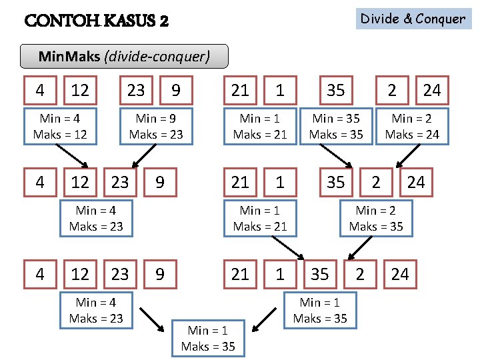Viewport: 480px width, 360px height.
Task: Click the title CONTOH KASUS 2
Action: (x=96, y=21)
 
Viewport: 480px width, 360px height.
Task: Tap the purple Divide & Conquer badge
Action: (x=413, y=19)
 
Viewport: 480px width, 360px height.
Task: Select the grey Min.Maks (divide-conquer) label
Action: (x=124, y=57)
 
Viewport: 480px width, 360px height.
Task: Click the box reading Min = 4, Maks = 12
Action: (x=60, y=126)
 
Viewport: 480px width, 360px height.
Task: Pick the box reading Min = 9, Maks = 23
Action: (x=156, y=126)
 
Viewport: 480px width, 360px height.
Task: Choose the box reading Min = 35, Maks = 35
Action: (x=336, y=126)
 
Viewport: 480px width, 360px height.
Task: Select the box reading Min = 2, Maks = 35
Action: (x=376, y=218)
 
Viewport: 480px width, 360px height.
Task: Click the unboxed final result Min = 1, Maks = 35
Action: (x=208, y=338)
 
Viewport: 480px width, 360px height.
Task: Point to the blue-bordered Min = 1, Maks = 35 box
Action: (x=320, y=310)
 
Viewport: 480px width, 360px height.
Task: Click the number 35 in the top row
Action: (x=336, y=90)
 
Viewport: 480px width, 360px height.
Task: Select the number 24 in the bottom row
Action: (x=400, y=274)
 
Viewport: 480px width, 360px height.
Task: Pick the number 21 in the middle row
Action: (x=240, y=182)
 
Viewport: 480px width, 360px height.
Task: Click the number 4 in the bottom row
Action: (x=40, y=274)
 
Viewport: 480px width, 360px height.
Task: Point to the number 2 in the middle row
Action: (x=376, y=182)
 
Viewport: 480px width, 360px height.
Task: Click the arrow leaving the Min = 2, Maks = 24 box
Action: (x=404, y=157)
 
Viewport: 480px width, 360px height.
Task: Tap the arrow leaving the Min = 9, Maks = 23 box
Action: (x=140, y=157)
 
